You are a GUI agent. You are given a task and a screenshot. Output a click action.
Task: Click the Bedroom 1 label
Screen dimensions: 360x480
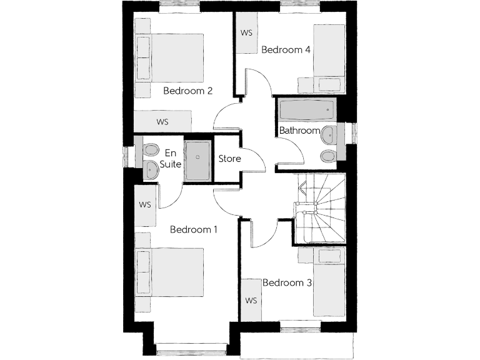(194, 229)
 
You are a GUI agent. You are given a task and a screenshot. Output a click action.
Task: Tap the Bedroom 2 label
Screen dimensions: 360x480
(187, 91)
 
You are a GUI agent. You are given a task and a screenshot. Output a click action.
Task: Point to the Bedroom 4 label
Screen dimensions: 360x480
(286, 49)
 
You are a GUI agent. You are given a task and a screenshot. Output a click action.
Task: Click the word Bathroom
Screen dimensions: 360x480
(299, 131)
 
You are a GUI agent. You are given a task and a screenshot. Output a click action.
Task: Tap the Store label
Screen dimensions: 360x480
(229, 158)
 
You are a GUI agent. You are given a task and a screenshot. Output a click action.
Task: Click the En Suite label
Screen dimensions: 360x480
(170, 157)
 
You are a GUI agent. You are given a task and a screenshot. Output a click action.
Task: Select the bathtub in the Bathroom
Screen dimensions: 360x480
(306, 111)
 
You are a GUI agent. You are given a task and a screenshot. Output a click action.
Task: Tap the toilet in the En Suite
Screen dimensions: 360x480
(150, 149)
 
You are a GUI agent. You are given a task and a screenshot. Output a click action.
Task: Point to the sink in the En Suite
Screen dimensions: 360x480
(151, 169)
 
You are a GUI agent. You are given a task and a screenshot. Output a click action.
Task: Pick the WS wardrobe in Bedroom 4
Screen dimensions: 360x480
(247, 32)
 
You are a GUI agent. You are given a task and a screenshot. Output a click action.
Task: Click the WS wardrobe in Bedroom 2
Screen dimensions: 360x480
(163, 121)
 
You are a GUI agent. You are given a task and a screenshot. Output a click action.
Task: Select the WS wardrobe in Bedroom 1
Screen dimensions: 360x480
(146, 204)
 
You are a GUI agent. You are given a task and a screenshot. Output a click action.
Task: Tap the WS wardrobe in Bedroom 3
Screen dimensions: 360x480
(251, 301)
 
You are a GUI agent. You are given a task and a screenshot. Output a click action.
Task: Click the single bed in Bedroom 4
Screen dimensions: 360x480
(327, 53)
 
